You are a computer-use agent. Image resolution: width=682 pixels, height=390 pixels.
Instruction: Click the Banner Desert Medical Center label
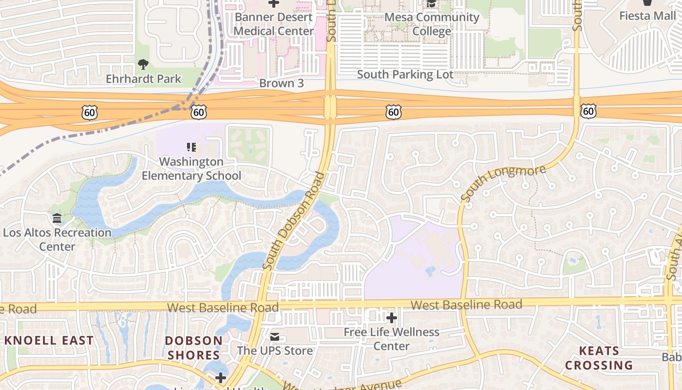(274, 24)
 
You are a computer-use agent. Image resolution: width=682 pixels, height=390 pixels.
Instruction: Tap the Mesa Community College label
(432, 24)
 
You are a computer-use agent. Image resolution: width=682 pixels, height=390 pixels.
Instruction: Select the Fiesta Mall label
(647, 16)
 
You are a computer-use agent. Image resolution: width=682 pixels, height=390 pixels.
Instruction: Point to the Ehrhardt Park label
(144, 78)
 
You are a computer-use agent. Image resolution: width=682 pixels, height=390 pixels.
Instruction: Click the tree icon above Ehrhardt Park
(143, 64)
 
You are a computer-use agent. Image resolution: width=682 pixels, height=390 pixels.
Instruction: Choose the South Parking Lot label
(405, 75)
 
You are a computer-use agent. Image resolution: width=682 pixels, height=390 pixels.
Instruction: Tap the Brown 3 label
(282, 83)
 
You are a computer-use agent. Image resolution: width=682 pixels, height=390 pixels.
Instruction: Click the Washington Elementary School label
(191, 169)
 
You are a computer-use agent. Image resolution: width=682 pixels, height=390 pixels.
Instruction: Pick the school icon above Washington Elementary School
(191, 147)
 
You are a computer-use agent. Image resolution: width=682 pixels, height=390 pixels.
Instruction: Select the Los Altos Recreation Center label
(57, 239)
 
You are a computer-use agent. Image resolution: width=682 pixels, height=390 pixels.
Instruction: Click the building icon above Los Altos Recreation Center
(57, 218)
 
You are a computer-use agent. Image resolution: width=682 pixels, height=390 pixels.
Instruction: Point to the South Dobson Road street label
(294, 221)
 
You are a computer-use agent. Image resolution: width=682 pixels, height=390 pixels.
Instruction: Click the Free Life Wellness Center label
(391, 339)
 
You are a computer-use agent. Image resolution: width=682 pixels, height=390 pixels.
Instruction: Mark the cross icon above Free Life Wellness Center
(391, 318)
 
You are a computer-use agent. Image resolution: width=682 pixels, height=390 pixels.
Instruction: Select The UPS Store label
(275, 351)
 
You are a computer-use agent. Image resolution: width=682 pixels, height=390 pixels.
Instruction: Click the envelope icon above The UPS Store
(275, 337)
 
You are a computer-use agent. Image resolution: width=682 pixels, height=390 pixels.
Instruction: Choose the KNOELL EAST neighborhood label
(49, 340)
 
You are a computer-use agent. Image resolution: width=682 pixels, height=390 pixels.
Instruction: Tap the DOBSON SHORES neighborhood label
(193, 348)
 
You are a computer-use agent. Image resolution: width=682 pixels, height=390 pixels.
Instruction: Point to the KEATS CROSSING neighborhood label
(599, 358)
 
